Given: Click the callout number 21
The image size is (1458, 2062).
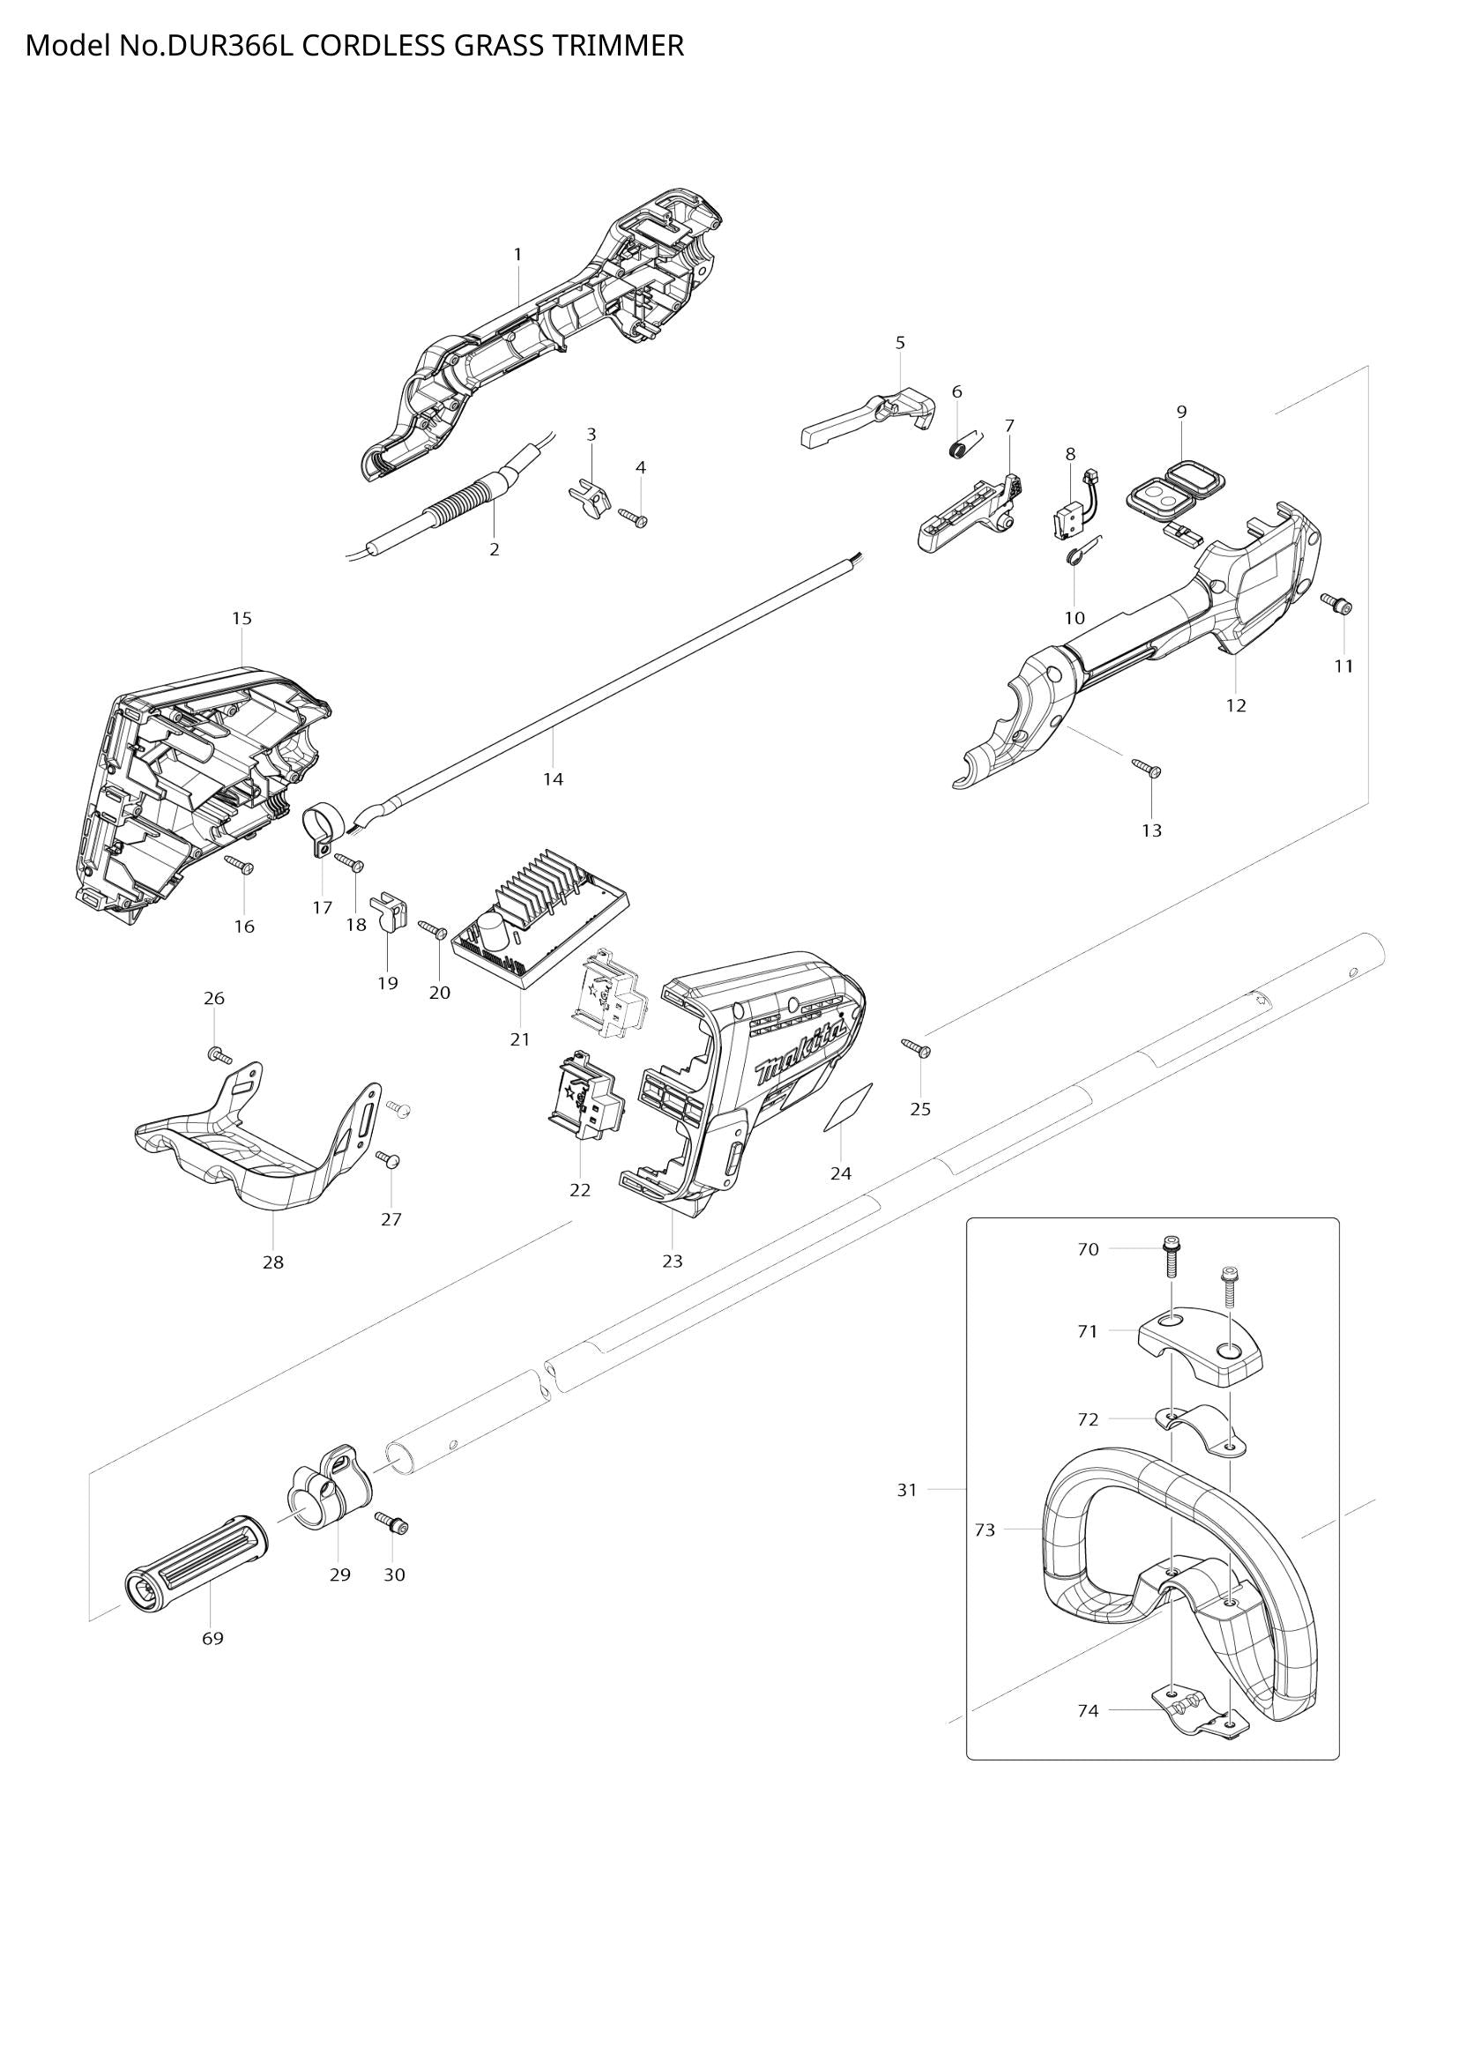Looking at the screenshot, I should tap(520, 1039).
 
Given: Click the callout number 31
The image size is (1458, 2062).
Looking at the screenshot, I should tap(908, 1490).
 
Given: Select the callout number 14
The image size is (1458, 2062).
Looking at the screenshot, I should tap(553, 779).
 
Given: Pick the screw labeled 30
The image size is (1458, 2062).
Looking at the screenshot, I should tap(391, 1522).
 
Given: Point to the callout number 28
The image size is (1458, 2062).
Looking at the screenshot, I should tap(273, 1262).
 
